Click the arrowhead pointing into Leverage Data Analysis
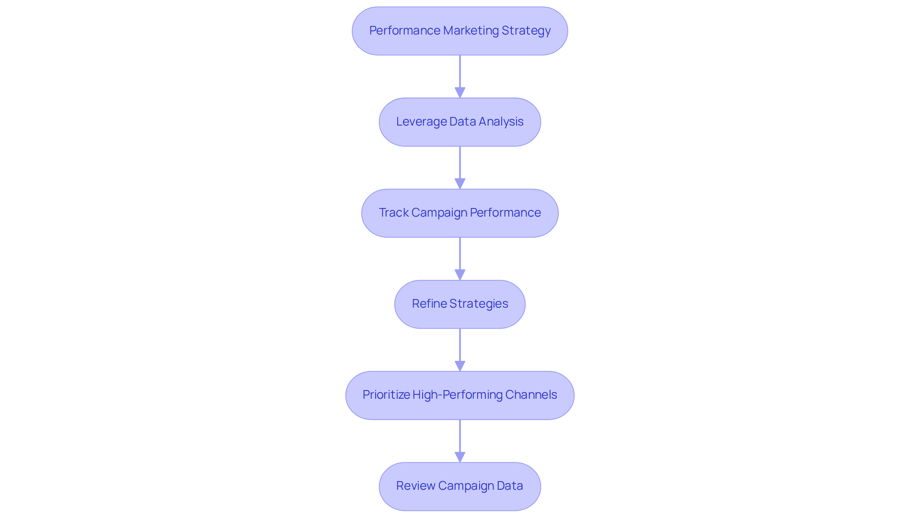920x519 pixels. click(460, 92)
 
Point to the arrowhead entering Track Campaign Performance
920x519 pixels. click(460, 184)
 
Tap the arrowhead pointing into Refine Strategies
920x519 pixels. click(460, 275)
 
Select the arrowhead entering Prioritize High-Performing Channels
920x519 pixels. click(460, 366)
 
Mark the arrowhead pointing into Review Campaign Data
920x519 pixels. click(460, 457)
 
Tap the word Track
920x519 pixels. click(393, 213)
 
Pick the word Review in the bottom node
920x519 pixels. click(415, 486)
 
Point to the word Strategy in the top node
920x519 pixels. click(526, 31)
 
